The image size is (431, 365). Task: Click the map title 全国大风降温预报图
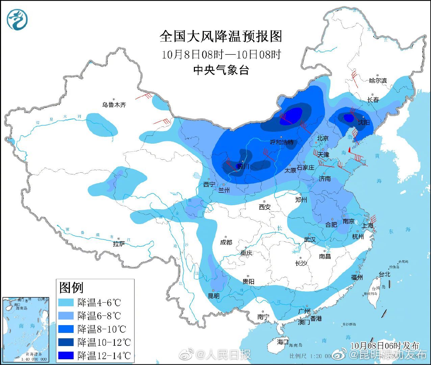click(221, 36)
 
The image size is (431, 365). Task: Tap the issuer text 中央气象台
click(221, 70)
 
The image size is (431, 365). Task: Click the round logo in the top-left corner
click(17, 19)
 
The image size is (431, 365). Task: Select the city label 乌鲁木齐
click(114, 105)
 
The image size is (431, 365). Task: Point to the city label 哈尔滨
click(378, 81)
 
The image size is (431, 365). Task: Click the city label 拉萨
click(119, 244)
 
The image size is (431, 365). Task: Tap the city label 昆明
click(213, 296)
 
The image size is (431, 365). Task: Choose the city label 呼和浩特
click(282, 143)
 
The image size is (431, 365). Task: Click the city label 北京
click(323, 138)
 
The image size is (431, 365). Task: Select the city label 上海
click(367, 226)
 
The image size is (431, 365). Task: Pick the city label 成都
click(226, 242)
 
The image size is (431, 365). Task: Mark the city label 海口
click(283, 342)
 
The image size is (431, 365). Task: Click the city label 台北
click(384, 274)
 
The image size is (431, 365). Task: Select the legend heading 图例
click(71, 288)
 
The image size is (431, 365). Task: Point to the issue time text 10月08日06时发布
click(385, 345)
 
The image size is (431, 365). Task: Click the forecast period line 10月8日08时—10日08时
click(221, 54)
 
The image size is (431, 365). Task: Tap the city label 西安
click(265, 207)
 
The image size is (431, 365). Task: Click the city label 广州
click(304, 311)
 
